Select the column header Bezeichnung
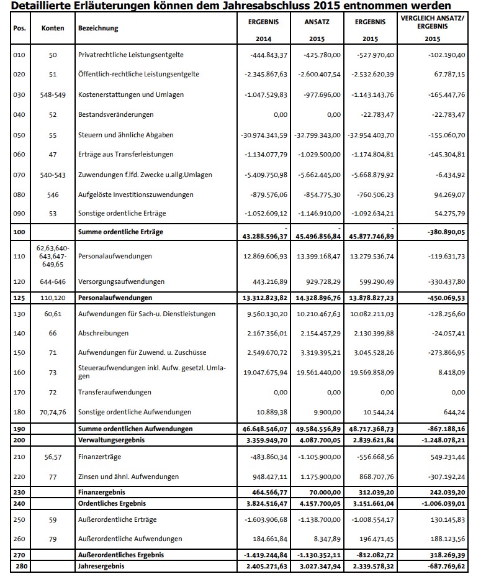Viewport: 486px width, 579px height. (x=98, y=29)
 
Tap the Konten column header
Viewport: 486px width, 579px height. (x=53, y=29)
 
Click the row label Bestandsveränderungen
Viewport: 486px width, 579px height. (x=116, y=114)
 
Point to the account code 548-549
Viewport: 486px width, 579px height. (x=53, y=94)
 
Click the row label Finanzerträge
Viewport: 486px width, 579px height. (x=99, y=457)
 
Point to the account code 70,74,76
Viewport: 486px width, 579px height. (x=53, y=412)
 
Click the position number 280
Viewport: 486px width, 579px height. (x=19, y=566)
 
